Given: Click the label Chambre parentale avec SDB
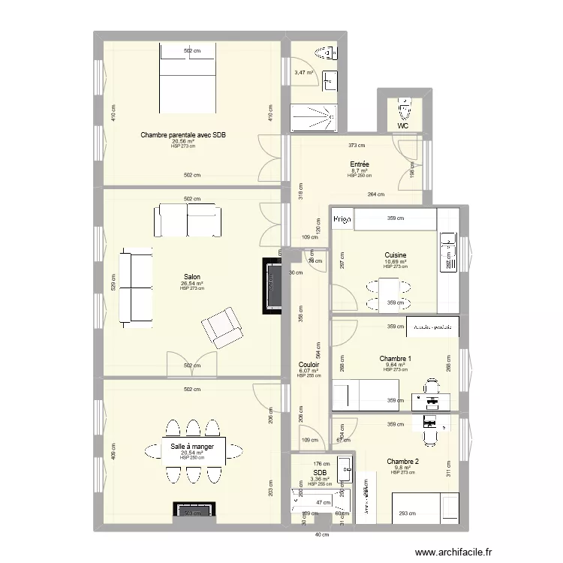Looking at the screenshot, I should pos(183,135).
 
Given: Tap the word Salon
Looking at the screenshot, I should pos(191,277).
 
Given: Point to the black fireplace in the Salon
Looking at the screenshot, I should pos(272,286).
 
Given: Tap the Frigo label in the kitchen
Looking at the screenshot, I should pos(342,220).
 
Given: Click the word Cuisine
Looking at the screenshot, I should pos(395,255).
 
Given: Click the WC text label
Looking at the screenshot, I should pos(403,126).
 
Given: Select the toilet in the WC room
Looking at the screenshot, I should pos(405,110).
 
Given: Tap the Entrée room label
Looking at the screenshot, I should pos(359,164).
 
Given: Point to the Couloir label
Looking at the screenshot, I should pos(309,364).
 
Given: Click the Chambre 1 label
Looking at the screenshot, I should pos(395,358).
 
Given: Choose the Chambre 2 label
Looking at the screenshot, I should pos(402,461).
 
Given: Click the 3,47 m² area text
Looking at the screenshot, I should pos(304,73).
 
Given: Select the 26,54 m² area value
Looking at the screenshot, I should pos(192,284).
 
